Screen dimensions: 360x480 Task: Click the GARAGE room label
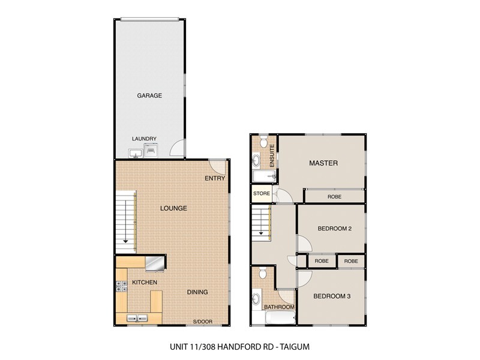pos(149,95)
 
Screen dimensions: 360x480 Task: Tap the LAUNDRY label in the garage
pos(144,139)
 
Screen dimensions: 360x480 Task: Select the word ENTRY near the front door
pos(214,178)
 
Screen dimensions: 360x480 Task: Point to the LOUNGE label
pos(173,208)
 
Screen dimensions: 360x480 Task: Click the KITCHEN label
pos(145,282)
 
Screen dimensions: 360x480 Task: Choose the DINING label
pos(197,292)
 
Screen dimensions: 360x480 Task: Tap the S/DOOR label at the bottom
pos(203,322)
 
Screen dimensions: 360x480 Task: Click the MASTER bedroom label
pos(323,163)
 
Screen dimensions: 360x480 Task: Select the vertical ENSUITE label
pos(272,155)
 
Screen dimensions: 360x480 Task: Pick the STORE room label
pos(262,194)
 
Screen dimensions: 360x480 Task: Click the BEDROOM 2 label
pos(334,227)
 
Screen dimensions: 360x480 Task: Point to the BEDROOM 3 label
pos(332,296)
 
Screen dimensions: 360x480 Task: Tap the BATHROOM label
pos(280,307)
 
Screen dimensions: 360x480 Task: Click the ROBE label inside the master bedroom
pos(335,196)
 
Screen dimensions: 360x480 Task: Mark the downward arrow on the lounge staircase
pos(125,242)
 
